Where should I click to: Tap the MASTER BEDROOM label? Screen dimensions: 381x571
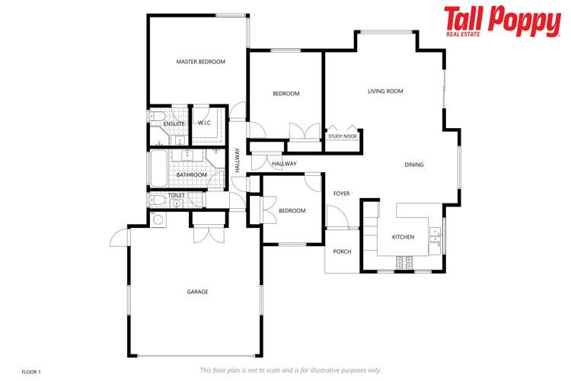tap(201, 62)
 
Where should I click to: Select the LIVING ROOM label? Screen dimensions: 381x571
tap(385, 91)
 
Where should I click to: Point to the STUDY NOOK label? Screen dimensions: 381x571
tap(343, 136)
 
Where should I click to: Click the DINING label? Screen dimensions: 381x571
tap(414, 165)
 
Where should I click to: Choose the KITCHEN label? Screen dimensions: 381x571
tap(403, 237)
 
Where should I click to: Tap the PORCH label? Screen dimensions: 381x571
tap(343, 251)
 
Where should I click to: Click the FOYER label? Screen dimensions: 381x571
tap(342, 194)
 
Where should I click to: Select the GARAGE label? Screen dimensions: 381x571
tap(197, 292)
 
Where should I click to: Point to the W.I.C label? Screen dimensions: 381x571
tap(204, 123)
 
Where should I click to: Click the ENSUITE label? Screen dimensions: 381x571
tap(174, 123)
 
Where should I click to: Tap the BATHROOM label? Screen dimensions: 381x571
tap(191, 174)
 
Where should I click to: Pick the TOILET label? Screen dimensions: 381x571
tap(176, 196)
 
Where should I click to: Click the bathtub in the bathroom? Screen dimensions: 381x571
tap(158, 167)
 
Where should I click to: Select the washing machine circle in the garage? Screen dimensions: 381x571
tap(158, 220)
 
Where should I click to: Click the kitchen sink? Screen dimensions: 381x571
tap(435, 239)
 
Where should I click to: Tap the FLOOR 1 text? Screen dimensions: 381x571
tap(31, 371)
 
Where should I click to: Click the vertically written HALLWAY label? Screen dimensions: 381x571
tap(238, 160)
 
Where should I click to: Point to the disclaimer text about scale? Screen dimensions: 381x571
tap(290, 370)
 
